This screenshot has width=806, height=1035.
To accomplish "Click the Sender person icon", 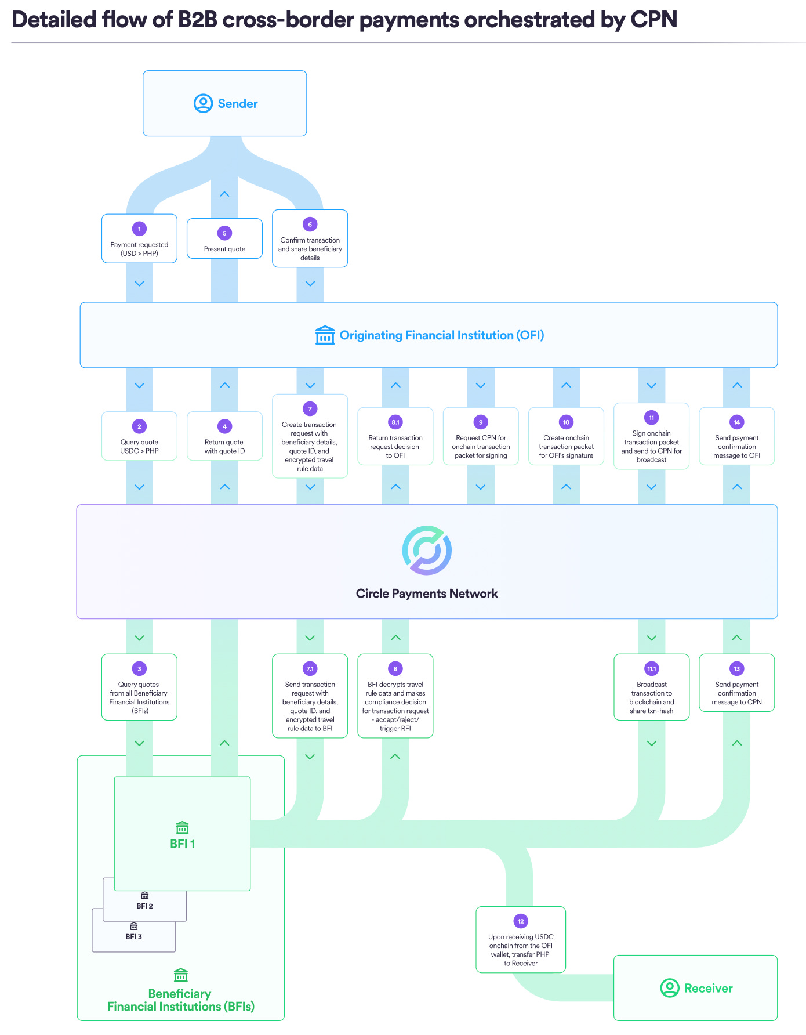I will point(203,104).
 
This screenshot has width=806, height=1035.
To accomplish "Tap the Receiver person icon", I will point(670,988).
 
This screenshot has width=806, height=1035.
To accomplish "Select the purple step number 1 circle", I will point(139,229).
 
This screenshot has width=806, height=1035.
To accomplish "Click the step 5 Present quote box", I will point(224,239).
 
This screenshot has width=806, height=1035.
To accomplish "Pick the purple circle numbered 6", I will point(310,225).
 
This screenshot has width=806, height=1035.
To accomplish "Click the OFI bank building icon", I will point(325,335).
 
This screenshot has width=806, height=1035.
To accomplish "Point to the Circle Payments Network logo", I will point(427,551).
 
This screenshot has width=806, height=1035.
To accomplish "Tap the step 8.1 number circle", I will point(395,422).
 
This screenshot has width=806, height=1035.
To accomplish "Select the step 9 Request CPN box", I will point(481,436).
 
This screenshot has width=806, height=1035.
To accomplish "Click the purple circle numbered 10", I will point(566,422).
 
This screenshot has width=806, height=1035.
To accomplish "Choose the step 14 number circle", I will point(737,422).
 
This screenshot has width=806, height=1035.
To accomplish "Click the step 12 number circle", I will point(521,921).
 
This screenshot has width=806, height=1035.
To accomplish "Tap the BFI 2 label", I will point(145,906).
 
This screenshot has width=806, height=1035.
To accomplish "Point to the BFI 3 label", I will point(134,937).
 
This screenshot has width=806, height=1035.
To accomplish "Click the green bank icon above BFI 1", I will point(182,827).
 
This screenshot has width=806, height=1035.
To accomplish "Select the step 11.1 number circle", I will point(652,669).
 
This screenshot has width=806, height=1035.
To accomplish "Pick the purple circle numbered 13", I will point(737,669).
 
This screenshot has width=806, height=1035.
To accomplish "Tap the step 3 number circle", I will point(139,669).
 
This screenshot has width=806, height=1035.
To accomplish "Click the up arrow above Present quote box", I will point(224,194).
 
